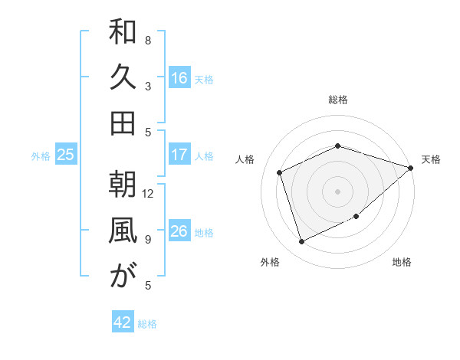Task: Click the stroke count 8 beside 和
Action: [148, 40]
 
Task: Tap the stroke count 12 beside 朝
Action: [148, 193]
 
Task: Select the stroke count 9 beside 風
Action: [148, 240]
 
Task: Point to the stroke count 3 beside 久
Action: [148, 87]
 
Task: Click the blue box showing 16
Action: [179, 78]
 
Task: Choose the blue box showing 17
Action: [179, 155]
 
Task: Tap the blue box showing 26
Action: [179, 231]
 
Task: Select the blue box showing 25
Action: [66, 155]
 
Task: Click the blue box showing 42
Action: [123, 322]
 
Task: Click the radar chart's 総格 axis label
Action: [338, 100]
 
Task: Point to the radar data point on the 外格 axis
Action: [302, 242]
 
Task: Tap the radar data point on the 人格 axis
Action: [280, 172]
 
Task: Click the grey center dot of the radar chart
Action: [338, 191]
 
